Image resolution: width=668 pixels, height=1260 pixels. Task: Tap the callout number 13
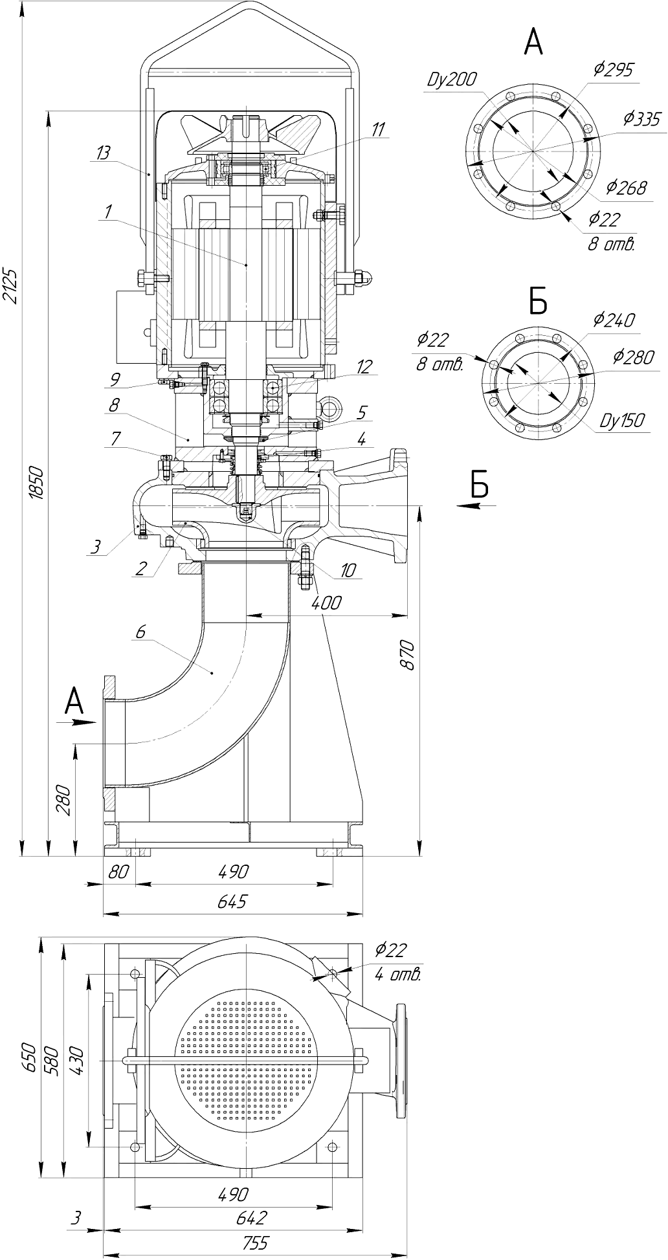102,153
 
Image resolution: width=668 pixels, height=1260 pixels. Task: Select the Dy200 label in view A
451,80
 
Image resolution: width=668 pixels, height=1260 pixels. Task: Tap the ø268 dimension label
627,188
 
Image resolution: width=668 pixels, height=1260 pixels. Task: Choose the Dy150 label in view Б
621,420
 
